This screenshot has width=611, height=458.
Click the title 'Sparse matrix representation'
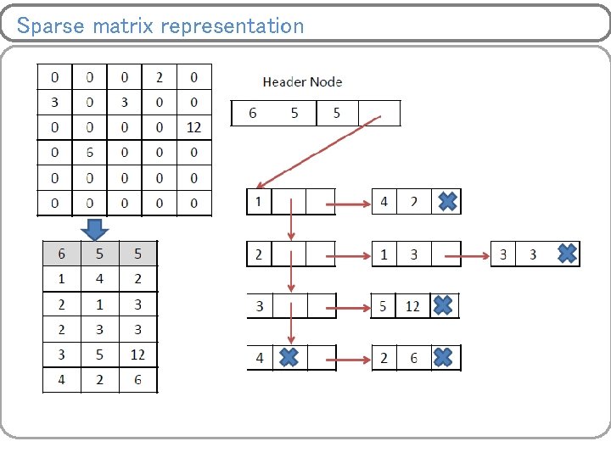[x=160, y=25]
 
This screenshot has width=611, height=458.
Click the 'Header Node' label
[x=302, y=82]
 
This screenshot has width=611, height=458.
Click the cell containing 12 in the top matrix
[x=193, y=127]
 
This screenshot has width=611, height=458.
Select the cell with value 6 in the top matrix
[x=89, y=153]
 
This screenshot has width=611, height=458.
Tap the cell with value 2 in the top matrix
[x=159, y=77]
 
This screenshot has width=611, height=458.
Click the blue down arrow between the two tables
[x=95, y=229]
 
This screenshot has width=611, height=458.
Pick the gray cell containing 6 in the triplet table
[x=61, y=254]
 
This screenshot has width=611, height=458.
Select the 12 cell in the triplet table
[x=137, y=355]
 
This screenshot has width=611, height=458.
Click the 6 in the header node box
[x=252, y=113]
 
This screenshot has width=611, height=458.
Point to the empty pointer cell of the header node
[x=378, y=113]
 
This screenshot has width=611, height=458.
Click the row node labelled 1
[x=257, y=202]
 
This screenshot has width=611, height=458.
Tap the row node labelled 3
[x=259, y=306]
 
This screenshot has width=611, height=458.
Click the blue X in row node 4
[x=289, y=358]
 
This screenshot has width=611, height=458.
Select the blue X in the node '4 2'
[x=447, y=202]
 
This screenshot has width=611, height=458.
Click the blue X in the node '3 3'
[x=567, y=253]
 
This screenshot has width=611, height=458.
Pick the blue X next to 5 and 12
[x=442, y=305]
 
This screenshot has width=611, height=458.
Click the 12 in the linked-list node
[x=412, y=306]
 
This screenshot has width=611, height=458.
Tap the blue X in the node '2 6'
[x=442, y=358]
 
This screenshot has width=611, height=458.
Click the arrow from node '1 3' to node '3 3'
[x=475, y=254]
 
